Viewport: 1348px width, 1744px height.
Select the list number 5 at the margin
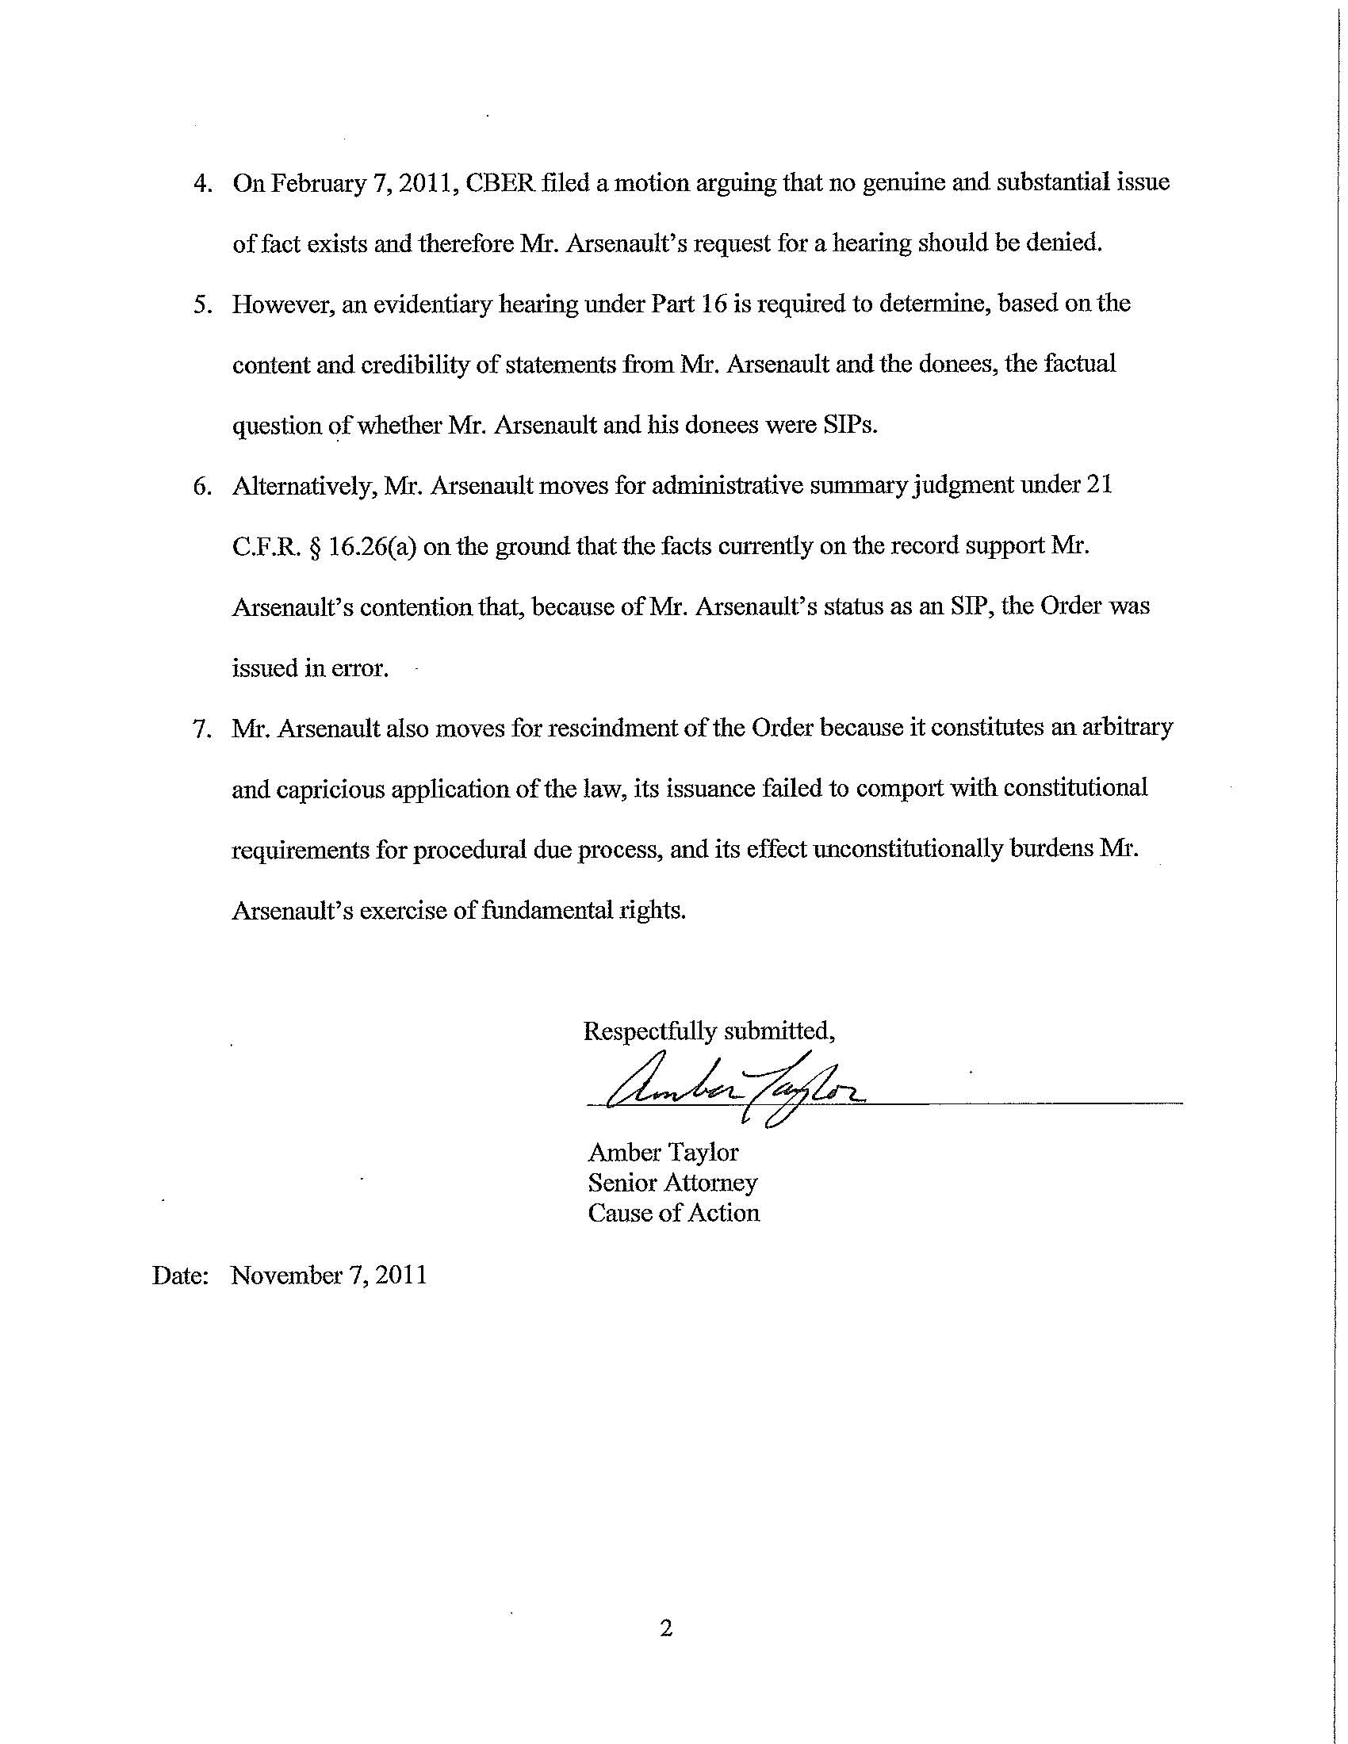click(202, 305)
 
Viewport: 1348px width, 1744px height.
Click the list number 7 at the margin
click(202, 729)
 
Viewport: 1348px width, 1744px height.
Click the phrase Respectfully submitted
click(709, 1031)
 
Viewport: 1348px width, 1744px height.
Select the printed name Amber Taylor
click(663, 1153)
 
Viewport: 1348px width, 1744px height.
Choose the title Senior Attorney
click(672, 1183)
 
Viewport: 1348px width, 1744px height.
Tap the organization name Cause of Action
click(673, 1213)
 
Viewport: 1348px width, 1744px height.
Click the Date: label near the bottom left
click(181, 1275)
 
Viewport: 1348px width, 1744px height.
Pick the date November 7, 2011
click(329, 1275)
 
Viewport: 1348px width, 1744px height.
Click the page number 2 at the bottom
click(667, 1628)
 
